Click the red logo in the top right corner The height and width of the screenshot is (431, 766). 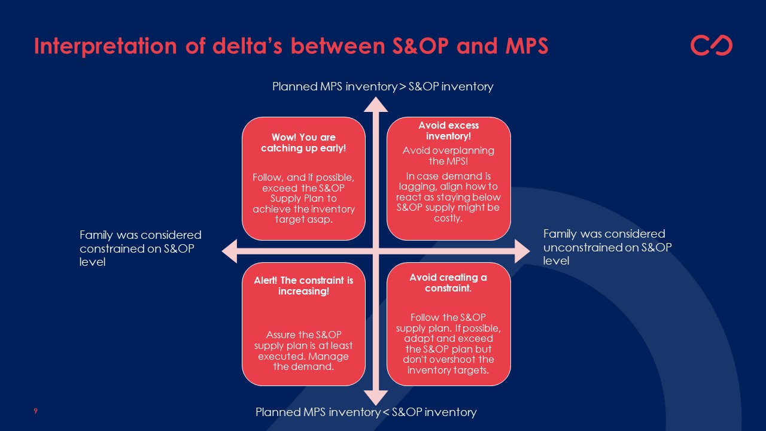711,45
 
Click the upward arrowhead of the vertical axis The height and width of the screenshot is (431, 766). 376,104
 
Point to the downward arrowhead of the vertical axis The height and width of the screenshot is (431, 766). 376,397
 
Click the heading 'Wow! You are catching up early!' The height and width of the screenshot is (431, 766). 303,143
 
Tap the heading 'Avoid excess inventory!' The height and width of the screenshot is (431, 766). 448,131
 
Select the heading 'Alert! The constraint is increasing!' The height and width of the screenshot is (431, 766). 303,286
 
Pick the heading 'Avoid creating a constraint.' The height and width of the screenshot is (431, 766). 448,283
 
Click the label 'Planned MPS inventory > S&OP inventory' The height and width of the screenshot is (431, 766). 383,87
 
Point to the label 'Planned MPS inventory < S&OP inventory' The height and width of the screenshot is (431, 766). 366,412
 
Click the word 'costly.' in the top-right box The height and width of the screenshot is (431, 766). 448,218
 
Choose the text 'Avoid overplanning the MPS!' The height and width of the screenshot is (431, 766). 448,156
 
